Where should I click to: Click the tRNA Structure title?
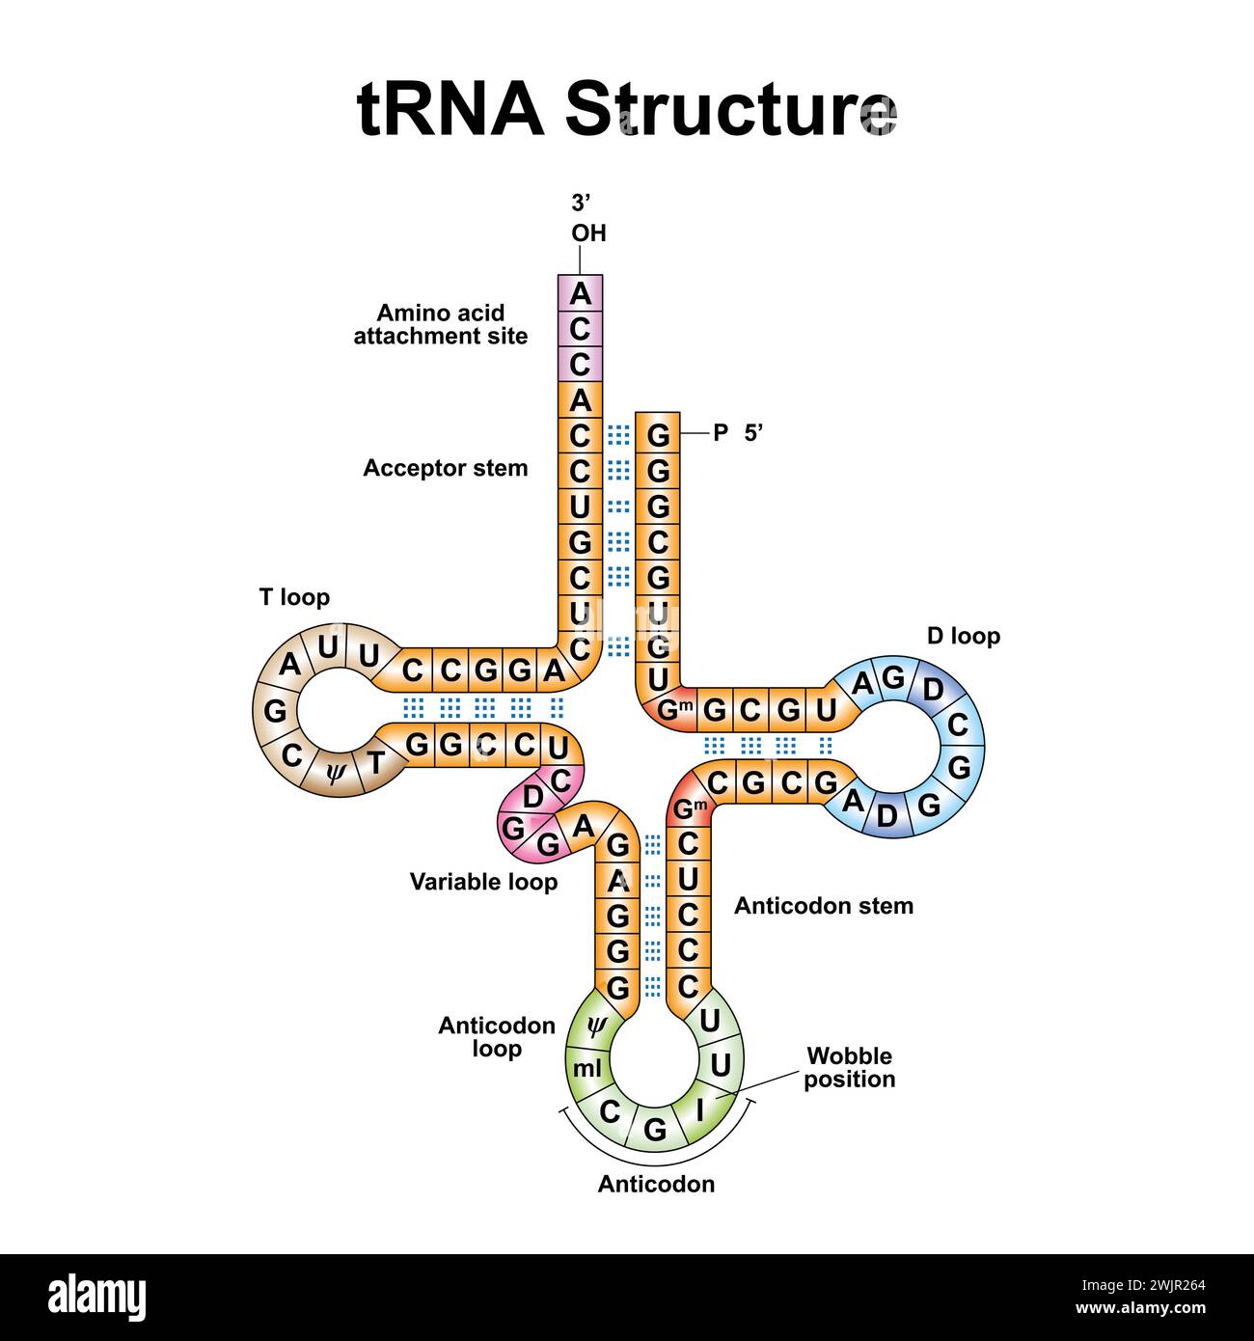(x=626, y=108)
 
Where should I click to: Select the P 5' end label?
(x=738, y=433)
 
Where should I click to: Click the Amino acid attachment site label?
(x=440, y=324)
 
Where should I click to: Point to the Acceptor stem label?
(x=445, y=468)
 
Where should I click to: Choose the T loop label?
(x=294, y=597)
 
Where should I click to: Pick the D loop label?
(x=963, y=636)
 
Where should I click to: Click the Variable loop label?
(x=483, y=881)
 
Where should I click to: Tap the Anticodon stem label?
(x=823, y=906)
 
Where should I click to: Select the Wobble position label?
(x=849, y=1067)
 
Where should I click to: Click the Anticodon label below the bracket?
(x=656, y=1203)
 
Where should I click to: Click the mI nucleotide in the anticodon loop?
(x=586, y=1068)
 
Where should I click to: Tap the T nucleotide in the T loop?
(x=376, y=763)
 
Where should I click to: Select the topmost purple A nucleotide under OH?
(x=580, y=293)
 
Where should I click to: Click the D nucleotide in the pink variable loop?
(x=532, y=797)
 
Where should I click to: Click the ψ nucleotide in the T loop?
(x=335, y=773)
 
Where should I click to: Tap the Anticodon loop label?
(x=497, y=1036)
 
